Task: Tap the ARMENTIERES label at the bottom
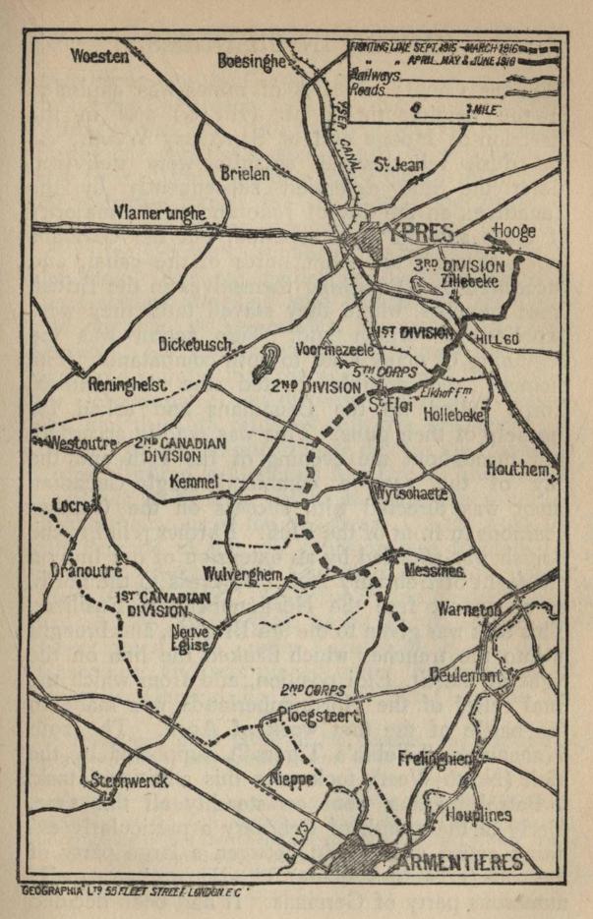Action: (x=461, y=863)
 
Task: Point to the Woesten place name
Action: (x=100, y=57)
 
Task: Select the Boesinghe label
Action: (x=251, y=61)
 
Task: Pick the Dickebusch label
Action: (x=195, y=344)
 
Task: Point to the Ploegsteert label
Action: (x=317, y=716)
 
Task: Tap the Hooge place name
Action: (x=514, y=232)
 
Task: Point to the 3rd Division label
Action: (x=458, y=266)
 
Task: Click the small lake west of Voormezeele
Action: (x=263, y=363)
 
